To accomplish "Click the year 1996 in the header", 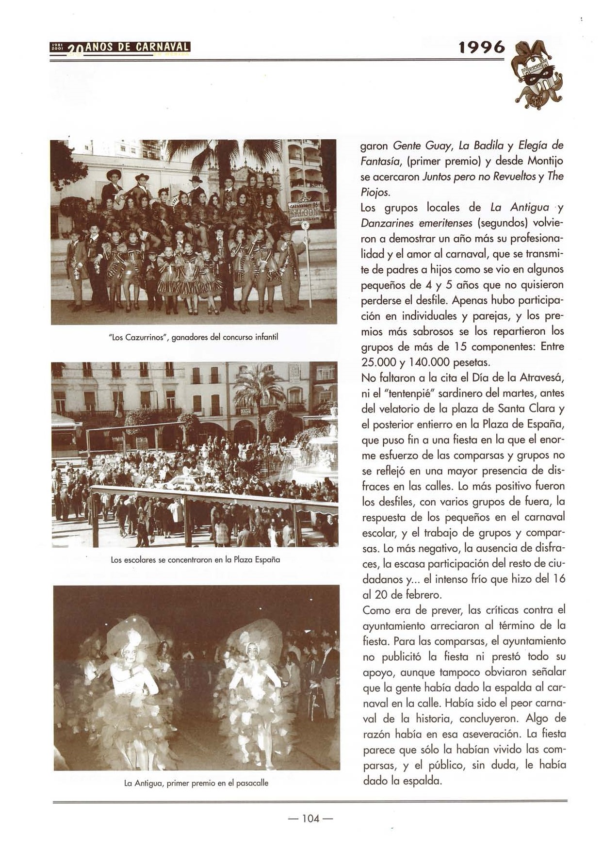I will [482, 47].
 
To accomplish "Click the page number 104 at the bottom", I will [310, 818].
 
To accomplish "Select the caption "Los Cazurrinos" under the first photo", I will [194, 337].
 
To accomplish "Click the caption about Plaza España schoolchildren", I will [195, 559].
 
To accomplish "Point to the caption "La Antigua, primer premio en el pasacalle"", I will [196, 783].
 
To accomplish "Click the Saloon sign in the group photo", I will [305, 212].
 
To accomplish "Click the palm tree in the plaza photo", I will [257, 388].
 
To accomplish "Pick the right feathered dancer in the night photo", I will [252, 689].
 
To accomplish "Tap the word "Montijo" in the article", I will [545, 161].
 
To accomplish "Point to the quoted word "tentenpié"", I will [402, 393].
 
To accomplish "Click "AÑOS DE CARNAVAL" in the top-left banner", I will [137, 47].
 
